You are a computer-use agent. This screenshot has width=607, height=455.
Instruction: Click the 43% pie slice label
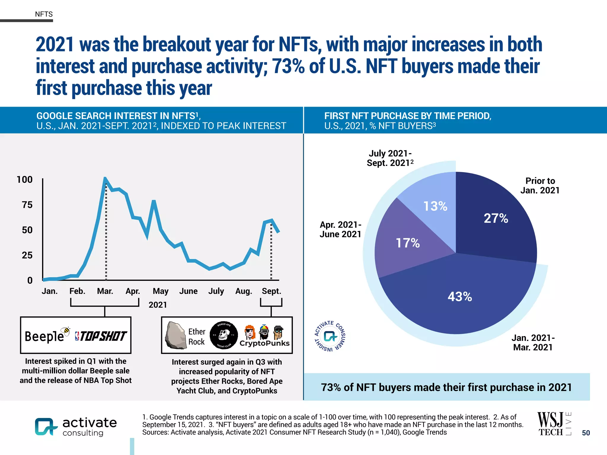pyautogui.click(x=460, y=297)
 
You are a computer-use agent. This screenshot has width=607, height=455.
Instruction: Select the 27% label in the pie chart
pyautogui.click(x=496, y=218)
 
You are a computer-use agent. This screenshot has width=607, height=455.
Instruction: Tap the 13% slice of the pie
pyautogui.click(x=435, y=206)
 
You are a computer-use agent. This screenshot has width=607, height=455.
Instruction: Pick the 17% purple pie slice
pyautogui.click(x=408, y=243)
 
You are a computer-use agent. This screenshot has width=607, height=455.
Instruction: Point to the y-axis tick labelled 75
pyautogui.click(x=27, y=205)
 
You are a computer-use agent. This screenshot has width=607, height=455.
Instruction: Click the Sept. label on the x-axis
pyautogui.click(x=271, y=291)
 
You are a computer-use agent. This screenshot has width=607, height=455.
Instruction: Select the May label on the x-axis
pyautogui.click(x=160, y=291)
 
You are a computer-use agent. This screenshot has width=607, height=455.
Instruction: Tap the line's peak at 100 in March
pyautogui.click(x=105, y=179)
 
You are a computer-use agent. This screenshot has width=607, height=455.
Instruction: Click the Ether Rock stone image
pyautogui.click(x=175, y=335)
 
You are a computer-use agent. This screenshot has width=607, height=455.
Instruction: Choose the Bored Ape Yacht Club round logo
pyautogui.click(x=224, y=335)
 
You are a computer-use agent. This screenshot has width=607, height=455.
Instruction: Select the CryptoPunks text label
pyautogui.click(x=264, y=343)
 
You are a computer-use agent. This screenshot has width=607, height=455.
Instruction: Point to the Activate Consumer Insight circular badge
pyautogui.click(x=330, y=336)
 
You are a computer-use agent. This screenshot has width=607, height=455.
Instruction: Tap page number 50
pyautogui.click(x=586, y=433)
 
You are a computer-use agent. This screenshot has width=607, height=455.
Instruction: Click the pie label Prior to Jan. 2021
pyautogui.click(x=540, y=185)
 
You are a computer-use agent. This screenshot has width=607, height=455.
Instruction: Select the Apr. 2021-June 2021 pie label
pyautogui.click(x=340, y=229)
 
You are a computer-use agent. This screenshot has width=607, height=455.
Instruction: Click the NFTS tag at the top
pyautogui.click(x=44, y=14)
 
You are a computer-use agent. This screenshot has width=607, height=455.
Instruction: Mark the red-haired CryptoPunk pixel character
pyautogui.click(x=250, y=332)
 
